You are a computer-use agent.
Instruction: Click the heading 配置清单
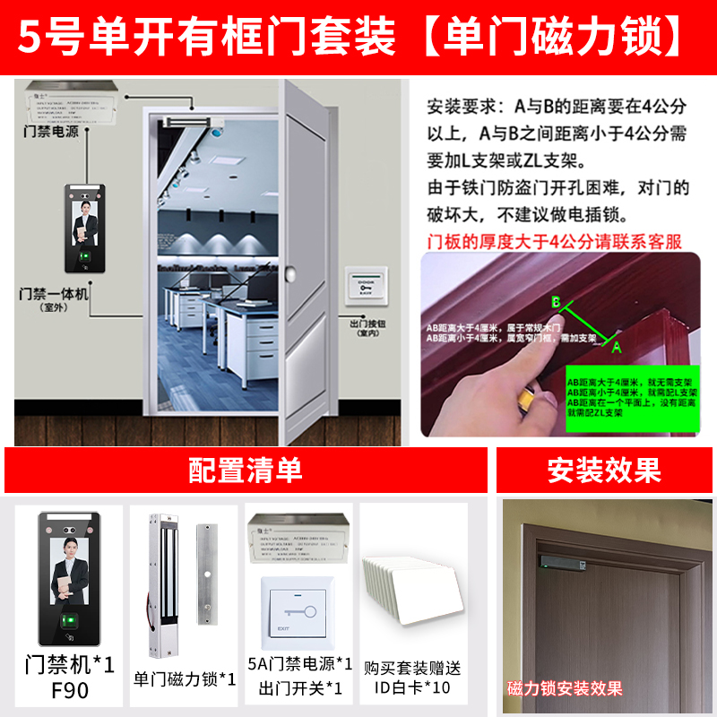245,470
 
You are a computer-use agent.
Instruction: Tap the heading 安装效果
604,470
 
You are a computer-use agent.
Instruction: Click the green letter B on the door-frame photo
556,302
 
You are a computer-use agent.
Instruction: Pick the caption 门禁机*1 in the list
69,665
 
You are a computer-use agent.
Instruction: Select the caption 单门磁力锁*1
184,678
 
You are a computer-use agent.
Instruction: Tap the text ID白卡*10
413,688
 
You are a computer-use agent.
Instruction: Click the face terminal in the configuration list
69,583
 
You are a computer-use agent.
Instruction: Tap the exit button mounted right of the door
366,285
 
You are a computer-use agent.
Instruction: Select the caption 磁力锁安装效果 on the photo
564,688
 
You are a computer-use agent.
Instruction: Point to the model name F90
69,691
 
